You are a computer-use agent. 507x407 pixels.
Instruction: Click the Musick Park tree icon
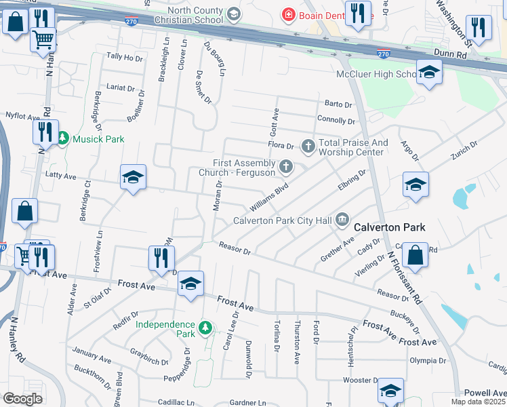pos(63,139)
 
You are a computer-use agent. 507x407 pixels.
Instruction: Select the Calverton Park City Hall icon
pos(342,219)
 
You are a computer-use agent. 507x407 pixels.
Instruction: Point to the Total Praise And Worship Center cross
pos(308,145)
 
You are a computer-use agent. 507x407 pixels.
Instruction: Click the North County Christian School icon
pos(233,14)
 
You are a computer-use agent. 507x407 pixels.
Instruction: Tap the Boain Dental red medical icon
pos(289,14)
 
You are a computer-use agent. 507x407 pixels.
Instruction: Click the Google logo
pos(22,399)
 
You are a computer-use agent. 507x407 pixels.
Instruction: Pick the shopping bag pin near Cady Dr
pos(415,255)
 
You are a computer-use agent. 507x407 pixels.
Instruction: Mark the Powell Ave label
pos(485,393)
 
